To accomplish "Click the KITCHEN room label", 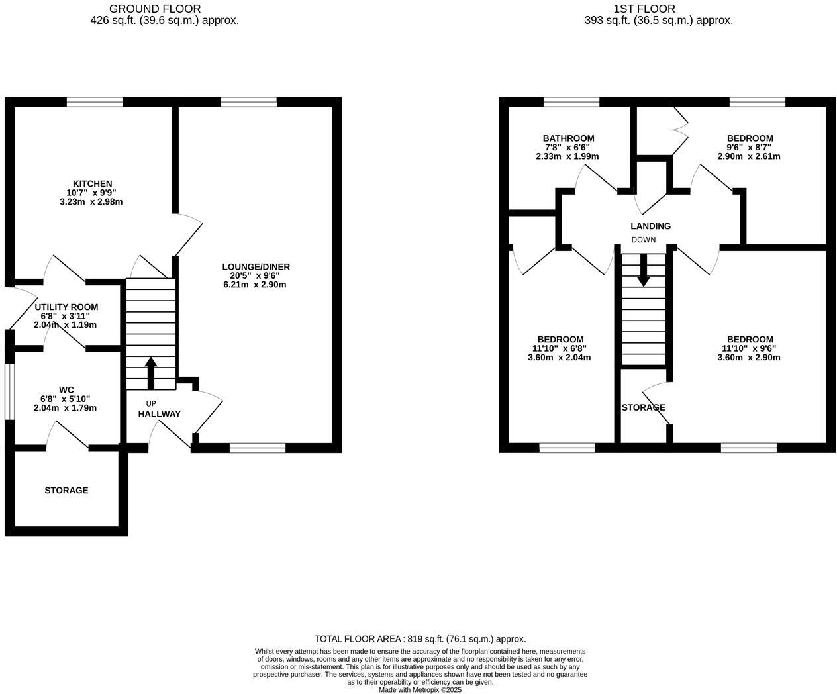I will [x=92, y=183].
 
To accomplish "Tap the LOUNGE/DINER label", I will [x=256, y=267].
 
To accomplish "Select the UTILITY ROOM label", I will [x=66, y=307].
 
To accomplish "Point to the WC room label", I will [x=66, y=389].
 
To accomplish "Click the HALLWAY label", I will [x=159, y=414].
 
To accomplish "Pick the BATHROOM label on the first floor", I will [x=568, y=138].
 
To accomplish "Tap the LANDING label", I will [x=650, y=226].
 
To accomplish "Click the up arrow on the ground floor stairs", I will [x=150, y=373].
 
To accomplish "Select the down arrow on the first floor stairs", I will [x=643, y=271].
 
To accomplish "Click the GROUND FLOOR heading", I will [x=155, y=9].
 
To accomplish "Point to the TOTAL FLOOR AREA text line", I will [x=420, y=639].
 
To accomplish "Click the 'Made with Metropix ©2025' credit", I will [x=420, y=689].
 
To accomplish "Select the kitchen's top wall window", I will [x=95, y=102].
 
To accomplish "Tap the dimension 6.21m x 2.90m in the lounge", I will [x=255, y=285].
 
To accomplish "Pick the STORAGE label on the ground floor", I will [x=66, y=490].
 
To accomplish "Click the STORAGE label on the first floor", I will [x=643, y=407].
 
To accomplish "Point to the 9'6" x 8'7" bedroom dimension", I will [x=749, y=148].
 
